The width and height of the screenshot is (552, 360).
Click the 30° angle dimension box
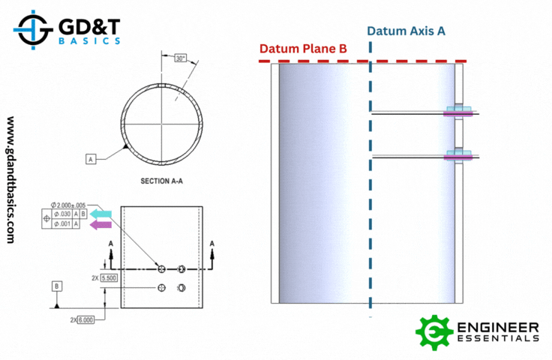[180, 58]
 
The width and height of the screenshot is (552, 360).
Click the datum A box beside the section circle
[90, 160]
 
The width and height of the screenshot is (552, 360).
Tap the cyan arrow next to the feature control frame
[100, 214]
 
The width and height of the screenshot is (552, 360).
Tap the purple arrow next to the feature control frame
[100, 224]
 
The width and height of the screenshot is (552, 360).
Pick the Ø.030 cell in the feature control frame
[61, 214]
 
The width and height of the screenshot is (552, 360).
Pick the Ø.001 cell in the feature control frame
[61, 224]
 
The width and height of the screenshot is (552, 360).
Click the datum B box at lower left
[57, 286]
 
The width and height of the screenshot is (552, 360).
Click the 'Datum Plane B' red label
[303, 49]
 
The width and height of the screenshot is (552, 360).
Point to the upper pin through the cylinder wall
[459, 113]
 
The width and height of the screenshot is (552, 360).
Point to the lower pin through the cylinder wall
[459, 157]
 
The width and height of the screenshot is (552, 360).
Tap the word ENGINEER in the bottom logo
[498, 327]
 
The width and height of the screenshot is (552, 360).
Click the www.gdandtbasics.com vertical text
[11, 179]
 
